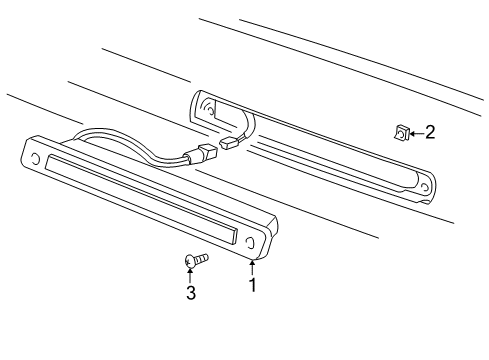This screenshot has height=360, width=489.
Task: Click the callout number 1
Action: pyautogui.click(x=252, y=285)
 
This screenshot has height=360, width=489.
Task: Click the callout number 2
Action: pyautogui.click(x=429, y=132)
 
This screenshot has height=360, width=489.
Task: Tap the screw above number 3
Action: pyautogui.click(x=196, y=261)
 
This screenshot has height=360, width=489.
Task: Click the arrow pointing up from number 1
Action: pyautogui.click(x=252, y=267)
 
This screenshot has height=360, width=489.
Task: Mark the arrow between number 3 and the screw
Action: pyautogui.click(x=190, y=274)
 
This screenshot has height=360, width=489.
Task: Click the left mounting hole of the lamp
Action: pyautogui.click(x=36, y=158)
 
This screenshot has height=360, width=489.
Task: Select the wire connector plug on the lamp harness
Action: pyautogui.click(x=206, y=156)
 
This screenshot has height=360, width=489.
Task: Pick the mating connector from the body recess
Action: pyautogui.click(x=233, y=145)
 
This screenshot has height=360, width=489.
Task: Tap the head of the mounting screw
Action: pyautogui.click(x=190, y=261)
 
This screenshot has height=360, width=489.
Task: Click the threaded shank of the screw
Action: pyautogui.click(x=202, y=260)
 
